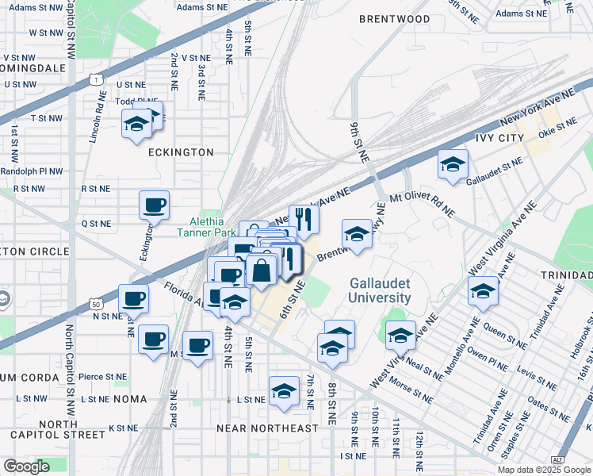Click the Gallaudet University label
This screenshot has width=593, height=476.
[381, 290]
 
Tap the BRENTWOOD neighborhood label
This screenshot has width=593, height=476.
[394, 19]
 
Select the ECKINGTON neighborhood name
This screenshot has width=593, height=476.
[181, 152]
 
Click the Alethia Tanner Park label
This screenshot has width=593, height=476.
[201, 228]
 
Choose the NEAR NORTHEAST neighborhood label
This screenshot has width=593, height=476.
[267, 428]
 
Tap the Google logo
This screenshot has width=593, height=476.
[26, 466]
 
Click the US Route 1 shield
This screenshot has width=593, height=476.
[96, 80]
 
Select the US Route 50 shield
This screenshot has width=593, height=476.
[96, 304]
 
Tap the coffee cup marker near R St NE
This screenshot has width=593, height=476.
[154, 205]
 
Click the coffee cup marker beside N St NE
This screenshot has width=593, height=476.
[133, 298]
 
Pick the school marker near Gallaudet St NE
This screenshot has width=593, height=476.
[453, 164]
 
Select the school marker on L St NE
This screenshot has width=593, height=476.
[284, 391]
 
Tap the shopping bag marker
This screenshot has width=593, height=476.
[261, 271]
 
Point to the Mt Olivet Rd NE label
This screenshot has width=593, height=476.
[422, 203]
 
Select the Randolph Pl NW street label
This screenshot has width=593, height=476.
[33, 171]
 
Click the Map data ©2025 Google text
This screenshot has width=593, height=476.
[543, 470]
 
